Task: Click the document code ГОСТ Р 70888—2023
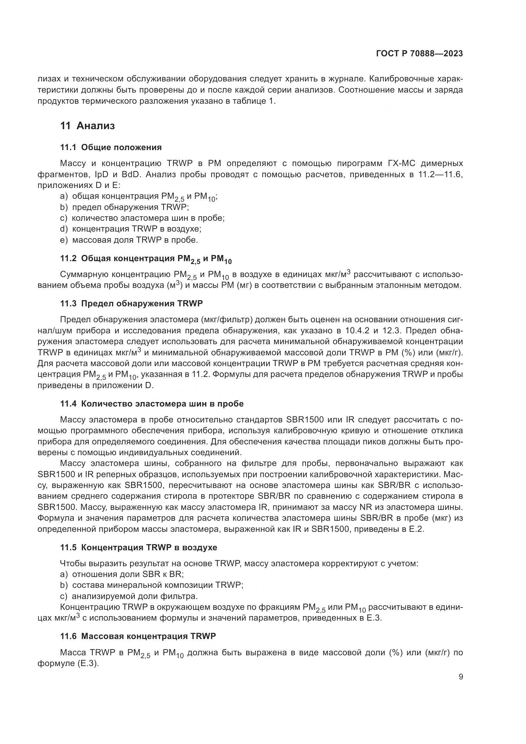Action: click(419, 54)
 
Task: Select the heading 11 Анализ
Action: click(87, 126)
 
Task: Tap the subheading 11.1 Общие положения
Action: click(111, 148)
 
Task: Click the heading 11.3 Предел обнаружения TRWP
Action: click(132, 304)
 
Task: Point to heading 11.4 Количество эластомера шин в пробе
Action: click(152, 404)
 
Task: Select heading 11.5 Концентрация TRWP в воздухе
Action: click(139, 548)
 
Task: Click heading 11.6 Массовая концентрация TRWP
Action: click(138, 636)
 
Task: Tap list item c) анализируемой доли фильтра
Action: click(129, 596)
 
